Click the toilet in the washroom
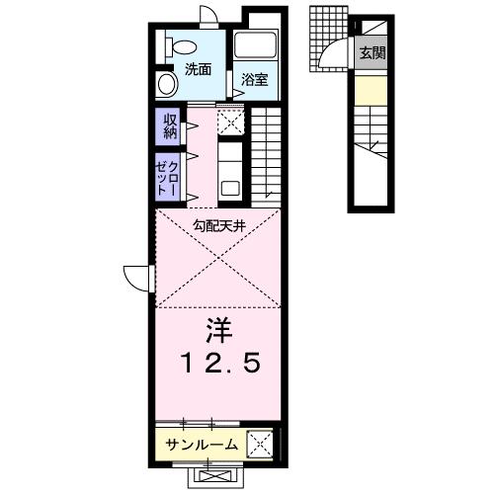tap(181, 45)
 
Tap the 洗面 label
tap(198, 70)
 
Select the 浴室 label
tap(255, 80)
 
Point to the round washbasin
tap(164, 83)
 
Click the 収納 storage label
tap(168, 125)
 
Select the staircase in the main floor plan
tap(269, 153)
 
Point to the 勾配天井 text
tap(219, 224)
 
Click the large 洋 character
tap(218, 327)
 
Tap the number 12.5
tap(218, 364)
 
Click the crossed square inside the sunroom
tap(261, 444)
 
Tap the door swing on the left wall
tap(137, 277)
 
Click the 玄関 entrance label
tap(373, 53)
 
